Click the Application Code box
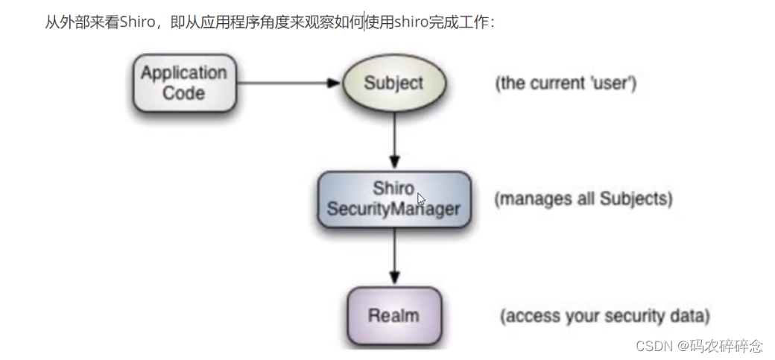click(x=183, y=83)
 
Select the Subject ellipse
click(x=393, y=83)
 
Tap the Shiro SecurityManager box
click(x=394, y=199)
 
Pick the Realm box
click(x=394, y=315)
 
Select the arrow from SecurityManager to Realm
click(x=394, y=257)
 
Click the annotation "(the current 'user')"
click(x=566, y=83)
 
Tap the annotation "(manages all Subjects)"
click(x=583, y=200)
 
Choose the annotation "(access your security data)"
click(x=604, y=315)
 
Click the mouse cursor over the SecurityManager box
click(x=421, y=199)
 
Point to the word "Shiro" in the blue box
click(x=393, y=189)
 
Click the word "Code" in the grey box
click(x=183, y=93)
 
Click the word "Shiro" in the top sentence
click(x=136, y=22)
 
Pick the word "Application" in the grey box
click(x=183, y=74)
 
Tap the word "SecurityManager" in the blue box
click(x=394, y=209)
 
